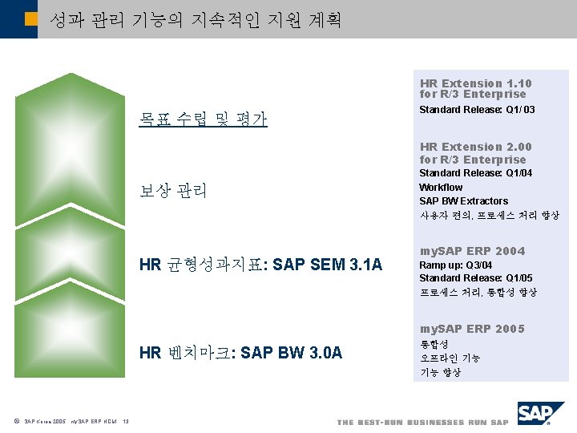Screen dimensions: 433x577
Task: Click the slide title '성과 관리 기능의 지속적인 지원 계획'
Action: [195, 20]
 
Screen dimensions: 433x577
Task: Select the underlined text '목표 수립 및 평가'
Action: [203, 120]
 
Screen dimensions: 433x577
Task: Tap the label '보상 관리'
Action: [173, 192]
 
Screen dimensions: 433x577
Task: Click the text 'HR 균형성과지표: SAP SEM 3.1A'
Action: [261, 265]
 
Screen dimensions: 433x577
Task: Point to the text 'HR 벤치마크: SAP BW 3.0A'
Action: [240, 352]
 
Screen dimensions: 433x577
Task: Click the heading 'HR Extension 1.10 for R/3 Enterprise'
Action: [475, 89]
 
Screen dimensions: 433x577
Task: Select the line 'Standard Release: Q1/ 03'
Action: [477, 110]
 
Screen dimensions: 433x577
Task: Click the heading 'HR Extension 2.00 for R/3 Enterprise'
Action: [475, 153]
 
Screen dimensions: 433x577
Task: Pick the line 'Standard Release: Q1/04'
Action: [475, 173]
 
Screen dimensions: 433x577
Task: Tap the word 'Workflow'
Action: [441, 188]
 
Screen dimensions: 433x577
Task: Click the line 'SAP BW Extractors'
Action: [463, 201]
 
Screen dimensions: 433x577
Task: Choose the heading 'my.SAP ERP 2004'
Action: [472, 252]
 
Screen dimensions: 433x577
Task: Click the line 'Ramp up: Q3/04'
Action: [455, 265]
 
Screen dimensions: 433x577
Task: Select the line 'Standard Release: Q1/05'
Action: [475, 279]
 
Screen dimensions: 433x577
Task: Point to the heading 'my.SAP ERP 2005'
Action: [472, 329]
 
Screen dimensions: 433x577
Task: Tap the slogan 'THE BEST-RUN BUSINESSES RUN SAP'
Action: [422, 423]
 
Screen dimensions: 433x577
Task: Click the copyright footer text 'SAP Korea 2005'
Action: [45, 423]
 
